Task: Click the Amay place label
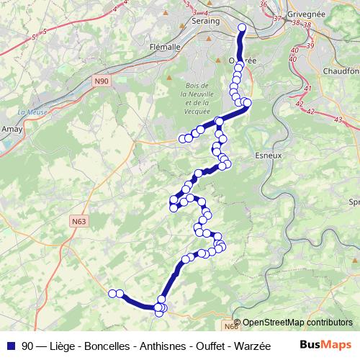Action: click(x=13, y=127)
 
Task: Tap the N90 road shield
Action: click(x=102, y=82)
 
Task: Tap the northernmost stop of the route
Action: click(x=242, y=28)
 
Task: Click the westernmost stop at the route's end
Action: click(x=112, y=292)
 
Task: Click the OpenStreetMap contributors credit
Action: click(x=297, y=323)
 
